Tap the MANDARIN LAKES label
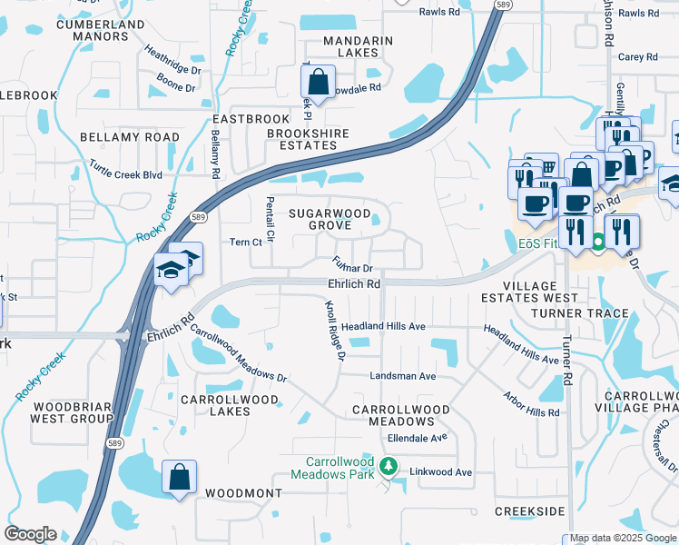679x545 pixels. pos(359,46)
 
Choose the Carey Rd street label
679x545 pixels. pos(637,57)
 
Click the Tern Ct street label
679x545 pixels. pos(245,243)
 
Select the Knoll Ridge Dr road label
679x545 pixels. pos(330,331)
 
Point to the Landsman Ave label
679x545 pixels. pos(402,376)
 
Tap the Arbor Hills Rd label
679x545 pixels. pos(532,406)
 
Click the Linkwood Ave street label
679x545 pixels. pos(441,472)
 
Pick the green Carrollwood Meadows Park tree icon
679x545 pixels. pos(389,467)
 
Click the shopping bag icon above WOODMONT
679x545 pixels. pos(180,477)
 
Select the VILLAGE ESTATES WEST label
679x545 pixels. pos(528,291)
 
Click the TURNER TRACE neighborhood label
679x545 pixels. pos(580,313)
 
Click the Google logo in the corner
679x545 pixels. pos(30,534)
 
